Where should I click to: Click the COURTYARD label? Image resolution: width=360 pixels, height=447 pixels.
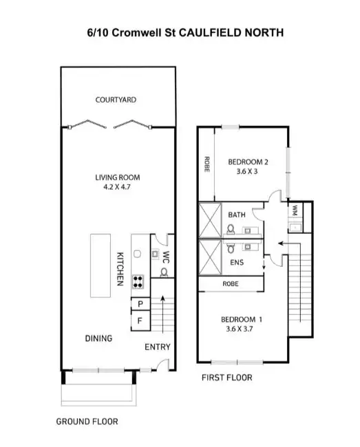click(x=116, y=100)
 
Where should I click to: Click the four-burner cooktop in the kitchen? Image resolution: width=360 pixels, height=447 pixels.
click(x=138, y=281)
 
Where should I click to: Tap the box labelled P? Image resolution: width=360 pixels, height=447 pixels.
click(x=140, y=304)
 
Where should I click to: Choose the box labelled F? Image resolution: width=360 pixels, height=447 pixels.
click(x=140, y=320)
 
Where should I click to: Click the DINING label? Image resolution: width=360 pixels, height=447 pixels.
click(x=98, y=338)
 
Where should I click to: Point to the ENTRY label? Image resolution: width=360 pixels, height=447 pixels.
click(x=157, y=347)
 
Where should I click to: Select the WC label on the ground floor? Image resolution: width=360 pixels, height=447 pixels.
click(x=165, y=257)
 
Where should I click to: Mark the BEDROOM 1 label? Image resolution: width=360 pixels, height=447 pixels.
click(x=241, y=319)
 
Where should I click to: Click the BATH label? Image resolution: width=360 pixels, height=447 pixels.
click(x=237, y=215)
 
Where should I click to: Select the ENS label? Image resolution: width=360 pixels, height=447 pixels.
click(x=236, y=262)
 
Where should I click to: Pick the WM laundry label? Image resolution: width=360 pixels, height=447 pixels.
click(x=295, y=209)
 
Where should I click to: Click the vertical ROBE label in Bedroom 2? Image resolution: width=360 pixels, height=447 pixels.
click(x=207, y=165)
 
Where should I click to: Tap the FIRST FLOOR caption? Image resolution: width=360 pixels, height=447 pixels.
click(x=227, y=378)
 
